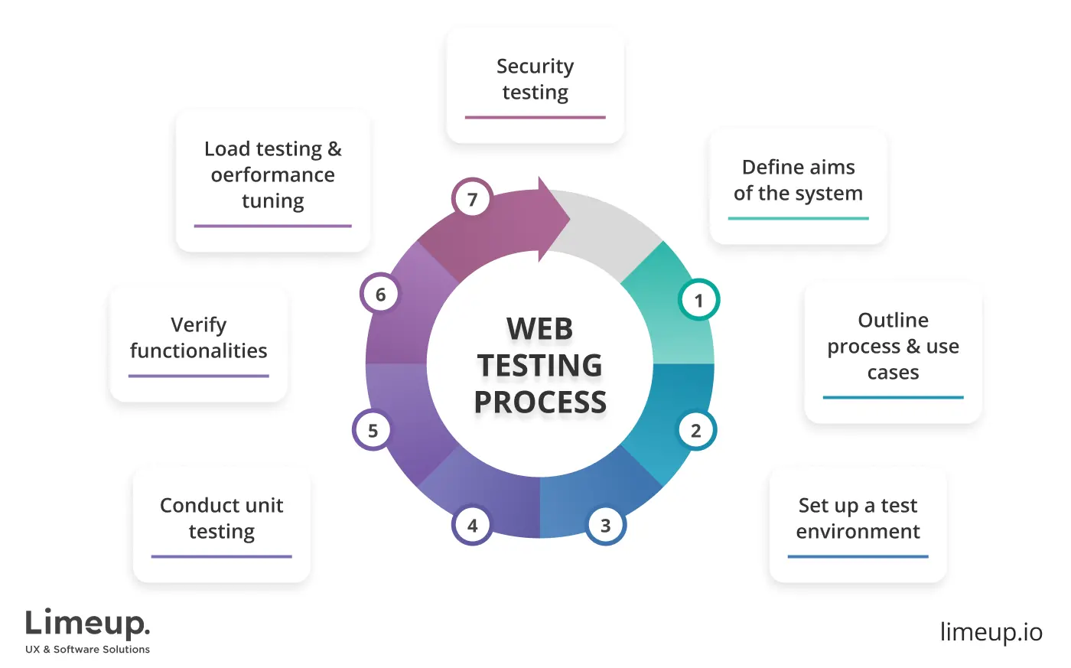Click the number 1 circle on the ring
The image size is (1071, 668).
pos(698,300)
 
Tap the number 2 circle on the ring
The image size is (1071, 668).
pos(696,431)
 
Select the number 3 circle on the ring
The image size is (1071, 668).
pos(606,526)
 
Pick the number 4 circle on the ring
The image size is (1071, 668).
pos(473,526)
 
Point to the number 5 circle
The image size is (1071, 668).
pos(373,431)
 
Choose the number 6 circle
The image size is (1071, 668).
pos(380,295)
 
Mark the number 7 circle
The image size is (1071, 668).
pos(472,200)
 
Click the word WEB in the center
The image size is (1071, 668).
pos(539,329)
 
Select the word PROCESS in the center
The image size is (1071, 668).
pos(540,402)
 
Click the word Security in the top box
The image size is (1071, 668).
pos(535,67)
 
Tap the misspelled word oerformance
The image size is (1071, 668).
pos(273,175)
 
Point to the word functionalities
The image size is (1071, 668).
pos(198,351)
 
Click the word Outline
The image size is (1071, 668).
pos(893,320)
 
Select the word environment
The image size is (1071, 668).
pos(858,532)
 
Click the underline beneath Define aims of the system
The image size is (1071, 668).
pos(798,219)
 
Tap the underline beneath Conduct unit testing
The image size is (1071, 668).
pos(221,556)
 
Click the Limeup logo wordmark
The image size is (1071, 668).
pos(87,624)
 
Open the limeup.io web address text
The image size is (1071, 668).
pos(991,632)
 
